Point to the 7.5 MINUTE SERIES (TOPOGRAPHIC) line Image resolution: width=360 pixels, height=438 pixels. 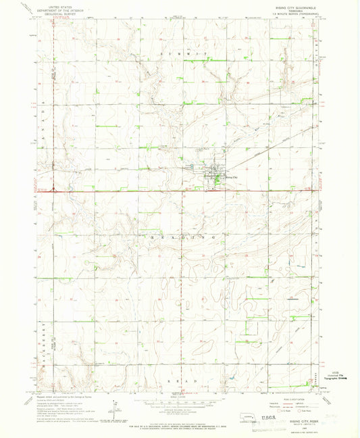pyautogui.click(x=291, y=14)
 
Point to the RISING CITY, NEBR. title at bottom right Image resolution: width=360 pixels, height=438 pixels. pyautogui.click(x=294, y=420)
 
